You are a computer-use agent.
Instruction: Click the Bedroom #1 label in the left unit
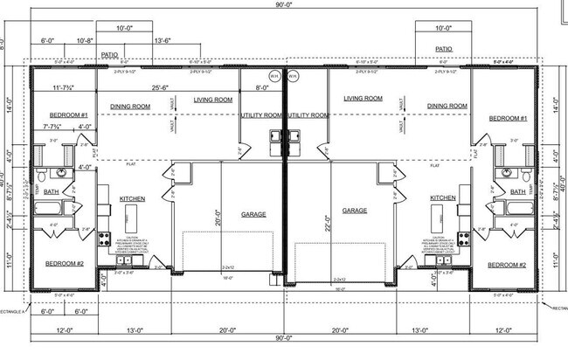(67, 116)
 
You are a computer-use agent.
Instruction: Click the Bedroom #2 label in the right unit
(507, 264)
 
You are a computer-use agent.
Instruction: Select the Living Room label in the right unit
(364, 99)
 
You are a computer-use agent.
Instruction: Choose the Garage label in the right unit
(354, 211)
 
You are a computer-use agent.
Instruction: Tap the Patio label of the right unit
(443, 50)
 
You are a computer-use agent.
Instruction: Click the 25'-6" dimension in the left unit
(159, 87)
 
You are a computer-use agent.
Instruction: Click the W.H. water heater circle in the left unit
(274, 73)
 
